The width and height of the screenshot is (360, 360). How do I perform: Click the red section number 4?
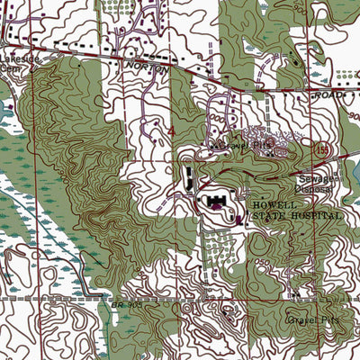171,132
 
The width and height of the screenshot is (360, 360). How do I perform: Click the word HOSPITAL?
315,217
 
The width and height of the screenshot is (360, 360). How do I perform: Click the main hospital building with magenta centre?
219,203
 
